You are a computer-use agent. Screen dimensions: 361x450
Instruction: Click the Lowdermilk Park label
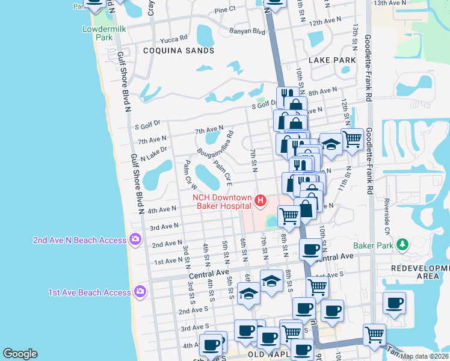pyautogui.click(x=97, y=32)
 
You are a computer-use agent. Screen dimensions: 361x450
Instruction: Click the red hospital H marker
pyautogui.click(x=260, y=200)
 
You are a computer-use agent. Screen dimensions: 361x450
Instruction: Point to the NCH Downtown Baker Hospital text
pyautogui.click(x=221, y=201)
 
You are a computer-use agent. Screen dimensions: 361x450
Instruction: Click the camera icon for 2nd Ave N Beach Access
pyautogui.click(x=135, y=240)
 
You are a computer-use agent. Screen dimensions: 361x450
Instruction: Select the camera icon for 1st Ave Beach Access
pyautogui.click(x=140, y=292)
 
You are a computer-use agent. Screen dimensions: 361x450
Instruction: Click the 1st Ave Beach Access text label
pyautogui.click(x=90, y=292)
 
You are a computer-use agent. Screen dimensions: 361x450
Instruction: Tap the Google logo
pyautogui.click(x=20, y=354)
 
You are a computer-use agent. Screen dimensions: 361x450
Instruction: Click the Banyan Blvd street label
pyautogui.click(x=247, y=31)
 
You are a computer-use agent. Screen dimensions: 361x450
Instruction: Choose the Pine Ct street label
pyautogui.click(x=224, y=10)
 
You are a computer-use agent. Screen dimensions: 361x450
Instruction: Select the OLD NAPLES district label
pyautogui.click(x=267, y=354)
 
